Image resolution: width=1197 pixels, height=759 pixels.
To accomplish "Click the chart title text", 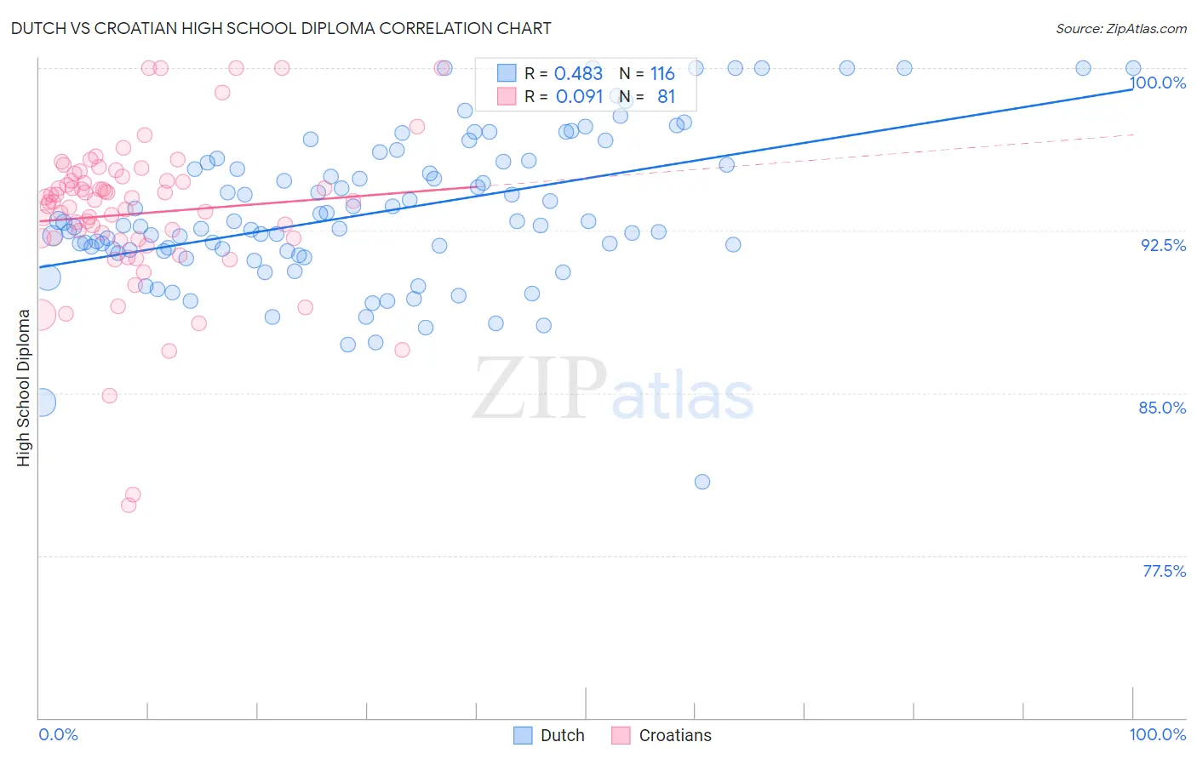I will pyautogui.click(x=281, y=28).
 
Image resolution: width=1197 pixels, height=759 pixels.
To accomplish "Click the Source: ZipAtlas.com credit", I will pyautogui.click(x=1120, y=29).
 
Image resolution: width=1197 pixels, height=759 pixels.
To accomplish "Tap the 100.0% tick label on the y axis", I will pyautogui.click(x=1158, y=83).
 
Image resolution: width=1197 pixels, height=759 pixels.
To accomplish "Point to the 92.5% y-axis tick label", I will pyautogui.click(x=1163, y=245).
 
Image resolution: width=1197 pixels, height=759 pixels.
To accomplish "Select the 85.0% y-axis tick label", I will pyautogui.click(x=1162, y=408).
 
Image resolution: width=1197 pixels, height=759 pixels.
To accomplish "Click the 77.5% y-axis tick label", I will pyautogui.click(x=1164, y=571).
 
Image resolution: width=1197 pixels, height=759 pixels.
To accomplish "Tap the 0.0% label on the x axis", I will pyautogui.click(x=58, y=734).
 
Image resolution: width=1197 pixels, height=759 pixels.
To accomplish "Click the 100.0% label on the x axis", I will pyautogui.click(x=1157, y=734).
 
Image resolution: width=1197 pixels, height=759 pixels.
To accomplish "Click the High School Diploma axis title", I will pyautogui.click(x=24, y=387).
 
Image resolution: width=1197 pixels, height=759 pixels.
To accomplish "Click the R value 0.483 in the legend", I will pyautogui.click(x=578, y=74).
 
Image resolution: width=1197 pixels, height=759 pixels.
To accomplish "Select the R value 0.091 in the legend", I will pyautogui.click(x=579, y=97).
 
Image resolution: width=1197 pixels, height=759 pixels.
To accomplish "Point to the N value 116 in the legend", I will pyautogui.click(x=662, y=74).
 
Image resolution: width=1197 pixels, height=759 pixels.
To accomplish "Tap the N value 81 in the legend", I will pyautogui.click(x=666, y=97).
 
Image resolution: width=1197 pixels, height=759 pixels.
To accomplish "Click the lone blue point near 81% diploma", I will pyautogui.click(x=702, y=482).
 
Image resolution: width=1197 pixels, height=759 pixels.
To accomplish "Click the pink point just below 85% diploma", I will pyautogui.click(x=109, y=396).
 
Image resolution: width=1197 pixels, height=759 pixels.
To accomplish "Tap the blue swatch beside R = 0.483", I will pyautogui.click(x=507, y=73).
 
